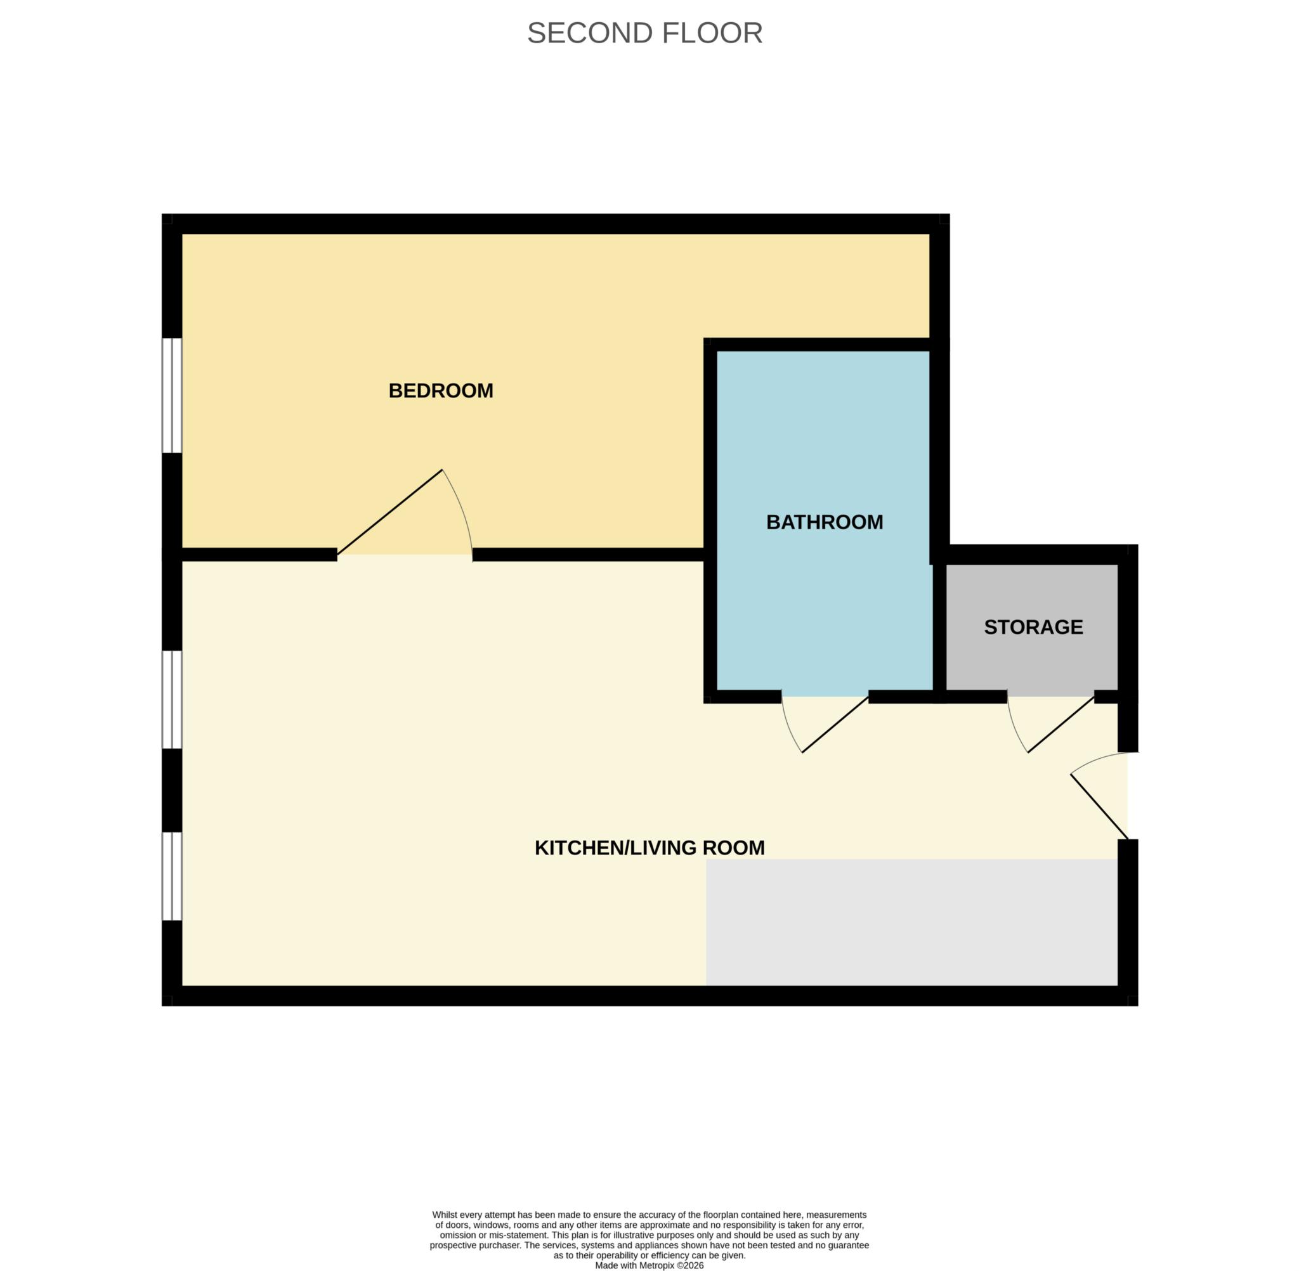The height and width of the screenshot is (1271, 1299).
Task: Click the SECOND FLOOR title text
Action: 644,33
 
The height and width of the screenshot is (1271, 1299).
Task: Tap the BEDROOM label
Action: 441,390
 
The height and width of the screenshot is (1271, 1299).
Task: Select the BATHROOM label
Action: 824,522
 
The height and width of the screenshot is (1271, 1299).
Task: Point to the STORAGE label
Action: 1033,627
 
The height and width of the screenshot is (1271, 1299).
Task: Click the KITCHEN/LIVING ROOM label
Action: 649,848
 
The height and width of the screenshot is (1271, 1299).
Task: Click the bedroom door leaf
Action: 390,512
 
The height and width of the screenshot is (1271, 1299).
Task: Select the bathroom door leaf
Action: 835,725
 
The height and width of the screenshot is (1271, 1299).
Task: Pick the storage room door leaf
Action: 1061,725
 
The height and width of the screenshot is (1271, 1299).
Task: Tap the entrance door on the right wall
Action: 1099,806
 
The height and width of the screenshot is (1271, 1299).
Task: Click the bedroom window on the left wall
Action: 173,395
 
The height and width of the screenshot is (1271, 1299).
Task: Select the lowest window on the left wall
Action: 173,876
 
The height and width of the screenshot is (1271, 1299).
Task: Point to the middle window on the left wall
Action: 173,699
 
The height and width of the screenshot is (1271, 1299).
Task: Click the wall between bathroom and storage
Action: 939,628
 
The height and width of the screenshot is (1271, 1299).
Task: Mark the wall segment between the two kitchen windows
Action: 173,790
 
